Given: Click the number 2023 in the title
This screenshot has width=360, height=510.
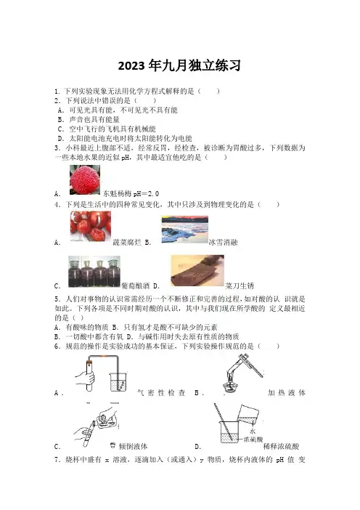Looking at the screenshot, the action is [x=131, y=66].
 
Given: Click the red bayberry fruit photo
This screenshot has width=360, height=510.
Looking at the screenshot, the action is [x=85, y=180].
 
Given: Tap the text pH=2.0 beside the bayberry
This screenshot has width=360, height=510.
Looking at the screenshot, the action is [x=146, y=194].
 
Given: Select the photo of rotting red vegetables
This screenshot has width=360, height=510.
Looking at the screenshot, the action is [x=90, y=227].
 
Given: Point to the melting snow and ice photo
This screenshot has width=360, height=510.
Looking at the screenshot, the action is [x=184, y=230].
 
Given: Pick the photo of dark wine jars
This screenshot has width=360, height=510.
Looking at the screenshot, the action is [x=94, y=272].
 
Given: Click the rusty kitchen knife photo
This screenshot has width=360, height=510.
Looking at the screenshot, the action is [x=197, y=270].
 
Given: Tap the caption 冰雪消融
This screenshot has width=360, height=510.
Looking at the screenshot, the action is [x=224, y=243].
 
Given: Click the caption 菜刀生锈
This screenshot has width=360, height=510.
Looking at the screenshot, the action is [x=240, y=286].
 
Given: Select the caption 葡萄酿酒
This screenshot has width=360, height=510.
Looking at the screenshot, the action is [x=135, y=286].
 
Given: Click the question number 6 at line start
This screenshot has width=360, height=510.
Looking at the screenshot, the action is [x=57, y=347].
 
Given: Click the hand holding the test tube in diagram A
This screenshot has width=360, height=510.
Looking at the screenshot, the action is [x=85, y=379].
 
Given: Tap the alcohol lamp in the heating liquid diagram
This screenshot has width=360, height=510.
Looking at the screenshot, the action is [x=230, y=385].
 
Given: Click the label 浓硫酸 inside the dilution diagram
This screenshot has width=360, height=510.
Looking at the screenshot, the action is [x=253, y=440].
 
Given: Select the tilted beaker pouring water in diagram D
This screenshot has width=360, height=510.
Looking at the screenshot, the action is [x=248, y=415].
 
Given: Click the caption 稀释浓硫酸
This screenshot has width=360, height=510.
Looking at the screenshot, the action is [x=281, y=447].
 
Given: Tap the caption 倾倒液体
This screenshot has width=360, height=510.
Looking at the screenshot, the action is [x=134, y=447].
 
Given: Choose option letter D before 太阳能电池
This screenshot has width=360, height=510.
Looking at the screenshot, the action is [x=60, y=139].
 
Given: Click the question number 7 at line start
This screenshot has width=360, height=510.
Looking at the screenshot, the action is [x=57, y=460].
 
